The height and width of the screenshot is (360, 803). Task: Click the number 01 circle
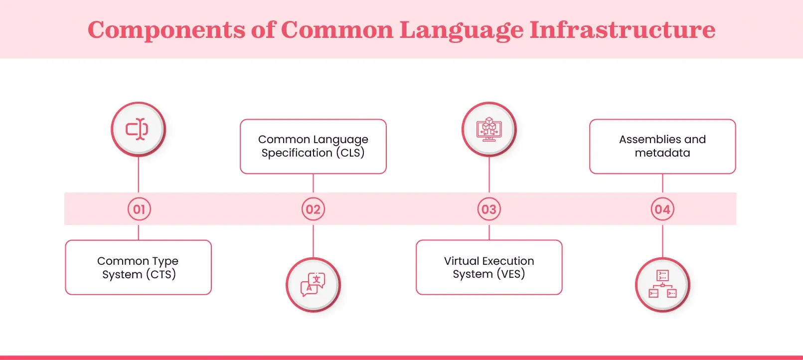(139, 209)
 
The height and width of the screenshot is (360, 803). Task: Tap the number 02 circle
(313, 209)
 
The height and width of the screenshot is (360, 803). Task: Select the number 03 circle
(489, 209)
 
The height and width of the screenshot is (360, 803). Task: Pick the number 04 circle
(662, 209)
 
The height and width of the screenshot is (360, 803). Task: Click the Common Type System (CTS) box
(139, 267)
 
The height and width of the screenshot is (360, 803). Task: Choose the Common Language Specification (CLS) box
(313, 146)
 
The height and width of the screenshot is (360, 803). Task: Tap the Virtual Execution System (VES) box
(489, 267)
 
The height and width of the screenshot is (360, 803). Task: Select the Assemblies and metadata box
(662, 146)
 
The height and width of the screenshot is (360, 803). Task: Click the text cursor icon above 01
(138, 129)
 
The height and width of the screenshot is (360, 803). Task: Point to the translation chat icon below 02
(313, 285)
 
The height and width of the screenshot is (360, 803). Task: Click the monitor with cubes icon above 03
(489, 129)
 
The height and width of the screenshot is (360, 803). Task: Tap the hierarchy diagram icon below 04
(662, 285)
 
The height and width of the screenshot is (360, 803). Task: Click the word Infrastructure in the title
(622, 29)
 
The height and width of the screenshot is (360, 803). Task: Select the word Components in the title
(166, 29)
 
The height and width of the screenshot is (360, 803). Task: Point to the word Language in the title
(461, 29)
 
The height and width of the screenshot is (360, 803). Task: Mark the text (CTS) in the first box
(161, 274)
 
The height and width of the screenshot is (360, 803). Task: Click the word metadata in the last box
(662, 153)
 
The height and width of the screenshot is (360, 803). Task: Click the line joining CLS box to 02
(313, 183)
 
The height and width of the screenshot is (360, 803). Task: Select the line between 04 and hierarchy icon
(662, 241)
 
